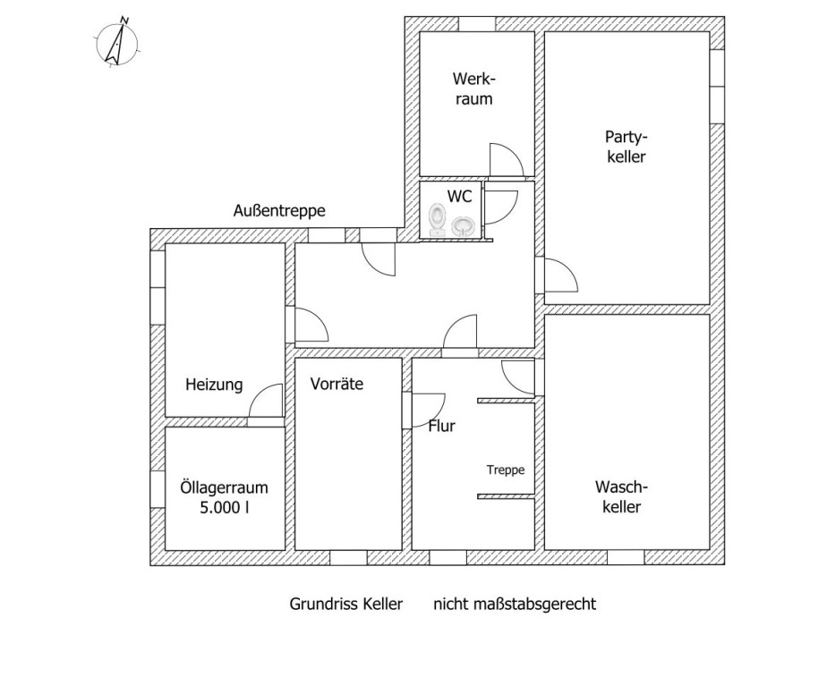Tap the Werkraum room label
pos(473,89)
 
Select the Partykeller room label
pos(626,147)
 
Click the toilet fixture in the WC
pos(438,219)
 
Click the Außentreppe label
pos(278,211)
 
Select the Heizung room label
pos(214,385)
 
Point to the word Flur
pos(441,426)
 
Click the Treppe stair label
pos(505,469)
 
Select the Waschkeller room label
pos(620,496)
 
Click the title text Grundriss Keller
pos(346,604)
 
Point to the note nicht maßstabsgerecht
pos(515,604)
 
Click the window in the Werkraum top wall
pos(476,23)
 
